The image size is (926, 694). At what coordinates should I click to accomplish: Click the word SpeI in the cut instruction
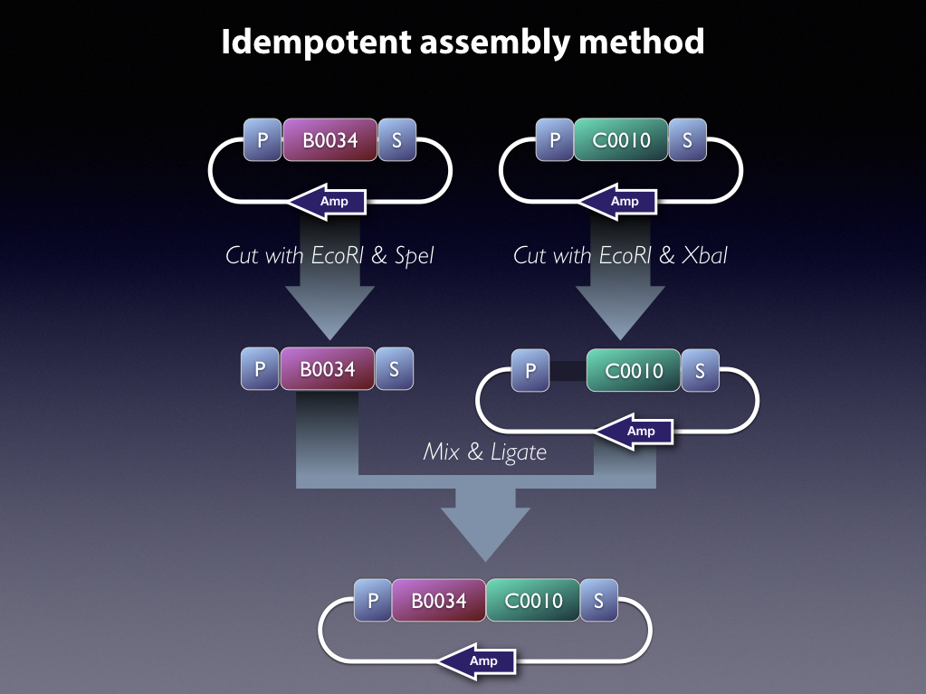(x=415, y=256)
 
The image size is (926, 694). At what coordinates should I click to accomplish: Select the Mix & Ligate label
(x=485, y=452)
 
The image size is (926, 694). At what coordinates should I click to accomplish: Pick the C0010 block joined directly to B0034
(x=533, y=601)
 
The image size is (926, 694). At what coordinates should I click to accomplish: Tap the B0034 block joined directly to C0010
(x=438, y=601)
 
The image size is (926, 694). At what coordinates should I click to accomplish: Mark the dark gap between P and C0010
(x=568, y=371)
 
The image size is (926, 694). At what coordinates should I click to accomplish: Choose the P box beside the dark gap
(x=530, y=371)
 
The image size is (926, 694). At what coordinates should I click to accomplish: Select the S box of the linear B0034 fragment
(x=394, y=369)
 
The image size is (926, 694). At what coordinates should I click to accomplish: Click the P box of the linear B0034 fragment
(x=260, y=369)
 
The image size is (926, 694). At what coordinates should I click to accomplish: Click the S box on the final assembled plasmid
(x=598, y=601)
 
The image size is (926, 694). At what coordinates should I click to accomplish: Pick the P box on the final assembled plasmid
(x=372, y=601)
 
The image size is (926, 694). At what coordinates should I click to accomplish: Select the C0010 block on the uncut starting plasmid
(x=621, y=140)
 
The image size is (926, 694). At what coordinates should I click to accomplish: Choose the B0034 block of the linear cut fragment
(x=328, y=369)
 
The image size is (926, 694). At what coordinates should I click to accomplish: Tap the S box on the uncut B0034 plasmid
(x=396, y=140)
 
